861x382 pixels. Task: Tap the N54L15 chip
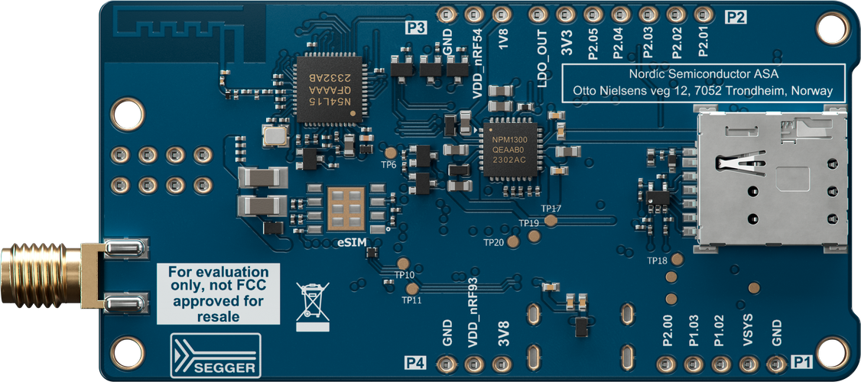(328, 88)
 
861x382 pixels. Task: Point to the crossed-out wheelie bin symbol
(313, 306)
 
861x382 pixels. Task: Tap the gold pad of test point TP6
(391, 153)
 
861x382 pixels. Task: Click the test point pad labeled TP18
(677, 259)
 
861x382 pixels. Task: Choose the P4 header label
(416, 362)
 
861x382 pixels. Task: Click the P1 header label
(801, 361)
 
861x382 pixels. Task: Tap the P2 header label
(736, 18)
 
